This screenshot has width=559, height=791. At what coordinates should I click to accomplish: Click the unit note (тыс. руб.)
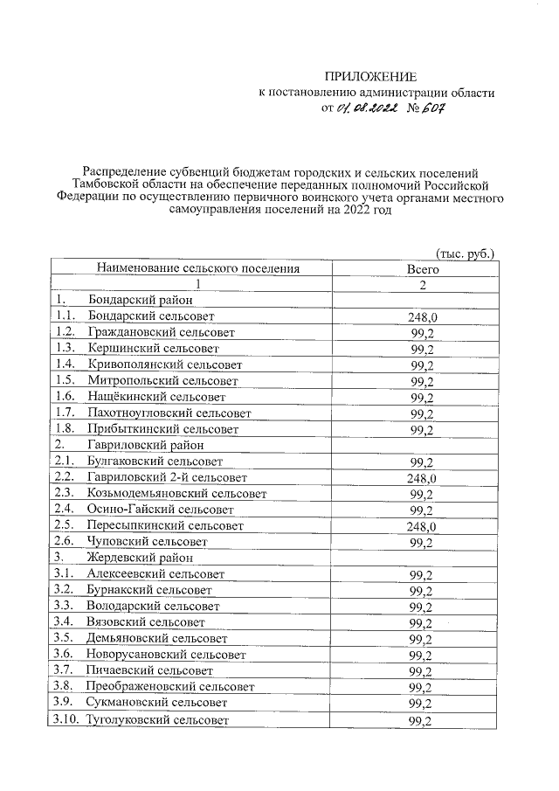465,253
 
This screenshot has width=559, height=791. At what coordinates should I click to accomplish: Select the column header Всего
423,269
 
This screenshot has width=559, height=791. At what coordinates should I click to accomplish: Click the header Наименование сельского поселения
198,269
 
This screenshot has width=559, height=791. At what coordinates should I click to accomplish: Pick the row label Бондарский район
130,301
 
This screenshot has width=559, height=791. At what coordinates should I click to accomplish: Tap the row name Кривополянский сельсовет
164,364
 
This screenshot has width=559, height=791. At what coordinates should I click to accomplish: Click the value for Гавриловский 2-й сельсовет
423,479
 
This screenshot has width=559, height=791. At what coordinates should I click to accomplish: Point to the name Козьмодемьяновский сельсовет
176,493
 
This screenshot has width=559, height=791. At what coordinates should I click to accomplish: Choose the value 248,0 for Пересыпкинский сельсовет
423,527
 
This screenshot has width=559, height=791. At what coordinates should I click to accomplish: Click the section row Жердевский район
134,557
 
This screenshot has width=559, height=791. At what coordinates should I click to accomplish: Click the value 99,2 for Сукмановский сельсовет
423,704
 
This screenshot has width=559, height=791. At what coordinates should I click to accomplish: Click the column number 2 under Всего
423,285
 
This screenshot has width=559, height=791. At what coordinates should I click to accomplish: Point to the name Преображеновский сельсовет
171,687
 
